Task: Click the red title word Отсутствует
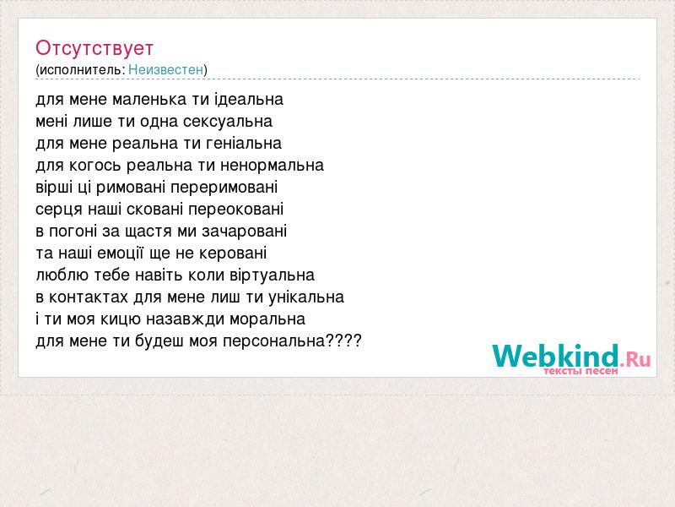(94, 48)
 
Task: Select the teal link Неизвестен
(165, 69)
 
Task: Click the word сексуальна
(228, 122)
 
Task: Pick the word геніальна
(244, 144)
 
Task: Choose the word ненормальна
(272, 166)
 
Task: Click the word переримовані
(224, 188)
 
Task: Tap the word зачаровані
(245, 232)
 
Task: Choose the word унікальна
(306, 297)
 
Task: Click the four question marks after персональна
(343, 341)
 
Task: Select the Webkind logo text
(556, 356)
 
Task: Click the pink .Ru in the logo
(635, 358)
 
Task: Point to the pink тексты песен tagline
(580, 371)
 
